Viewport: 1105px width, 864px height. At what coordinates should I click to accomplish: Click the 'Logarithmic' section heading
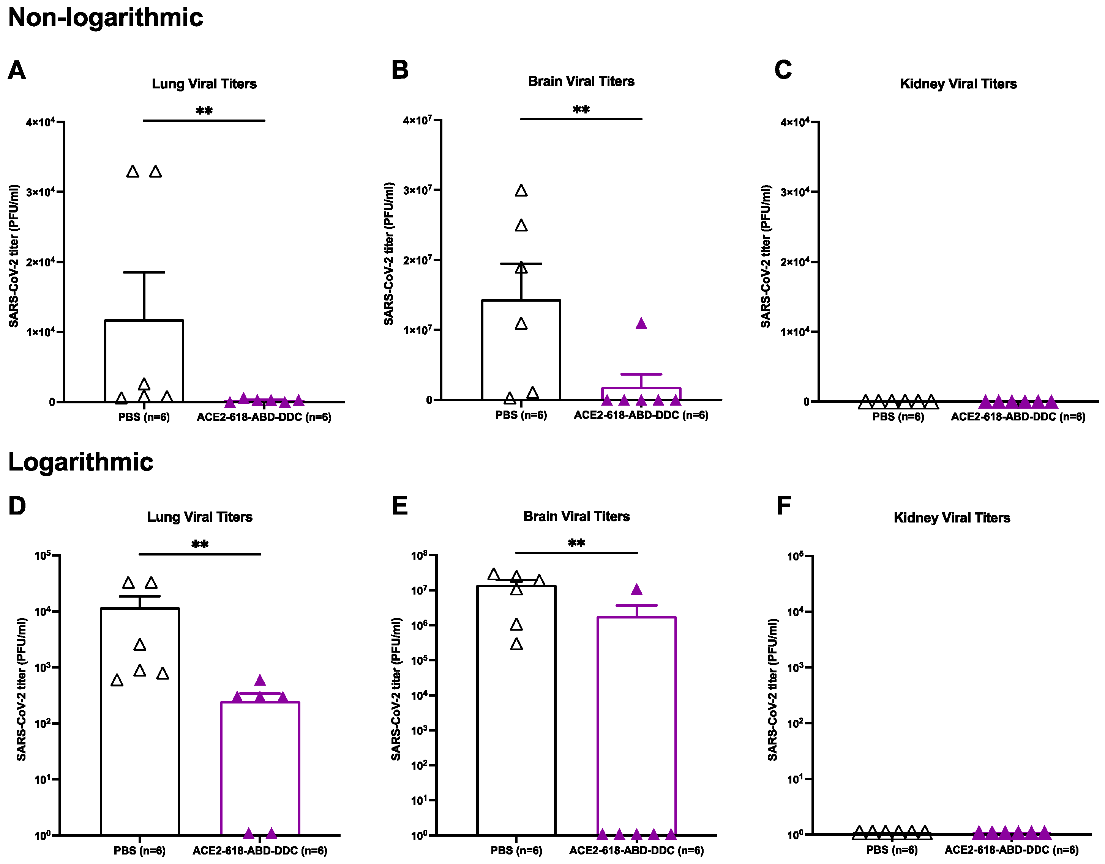click(81, 462)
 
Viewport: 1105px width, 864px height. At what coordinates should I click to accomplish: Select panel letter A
click(17, 70)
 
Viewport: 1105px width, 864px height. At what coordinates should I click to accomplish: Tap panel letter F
click(784, 505)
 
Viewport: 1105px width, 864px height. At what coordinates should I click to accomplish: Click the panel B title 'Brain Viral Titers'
click(581, 82)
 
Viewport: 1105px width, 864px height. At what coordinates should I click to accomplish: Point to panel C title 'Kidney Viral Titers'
click(958, 84)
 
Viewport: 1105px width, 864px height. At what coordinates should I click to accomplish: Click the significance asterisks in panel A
click(204, 111)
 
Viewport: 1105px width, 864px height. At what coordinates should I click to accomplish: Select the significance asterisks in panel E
click(576, 543)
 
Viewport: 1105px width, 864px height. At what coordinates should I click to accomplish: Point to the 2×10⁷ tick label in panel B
click(418, 260)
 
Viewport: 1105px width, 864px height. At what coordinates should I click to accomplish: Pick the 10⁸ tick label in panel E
click(420, 556)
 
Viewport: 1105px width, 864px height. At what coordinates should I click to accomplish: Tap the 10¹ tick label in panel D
click(44, 779)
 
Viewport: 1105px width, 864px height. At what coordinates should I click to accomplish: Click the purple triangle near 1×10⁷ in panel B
click(641, 324)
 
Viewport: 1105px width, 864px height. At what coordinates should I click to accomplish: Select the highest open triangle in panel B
click(521, 191)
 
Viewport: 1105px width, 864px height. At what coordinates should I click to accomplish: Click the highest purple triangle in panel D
click(260, 680)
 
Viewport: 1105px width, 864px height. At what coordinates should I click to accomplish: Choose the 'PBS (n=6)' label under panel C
click(898, 417)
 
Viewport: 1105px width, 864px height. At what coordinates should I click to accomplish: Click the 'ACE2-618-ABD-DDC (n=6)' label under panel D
click(260, 851)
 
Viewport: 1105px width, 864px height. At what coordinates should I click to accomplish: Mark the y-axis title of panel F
click(772, 689)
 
